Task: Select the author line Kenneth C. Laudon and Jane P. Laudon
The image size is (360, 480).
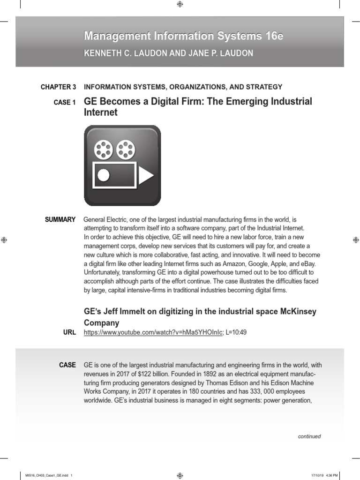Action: (x=168, y=53)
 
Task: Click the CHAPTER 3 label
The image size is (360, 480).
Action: (x=58, y=87)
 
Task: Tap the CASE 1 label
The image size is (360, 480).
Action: (x=65, y=103)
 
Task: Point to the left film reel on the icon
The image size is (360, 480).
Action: (x=104, y=149)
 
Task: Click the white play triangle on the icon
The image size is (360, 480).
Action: (x=146, y=175)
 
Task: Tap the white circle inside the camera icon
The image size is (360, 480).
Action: (x=103, y=176)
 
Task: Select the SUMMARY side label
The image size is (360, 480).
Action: (x=60, y=219)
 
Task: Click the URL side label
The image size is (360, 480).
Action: (x=69, y=332)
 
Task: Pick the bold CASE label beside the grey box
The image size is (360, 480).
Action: (x=67, y=365)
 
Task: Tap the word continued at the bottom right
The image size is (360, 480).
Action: (x=309, y=436)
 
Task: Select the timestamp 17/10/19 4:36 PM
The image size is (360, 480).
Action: (x=324, y=476)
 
